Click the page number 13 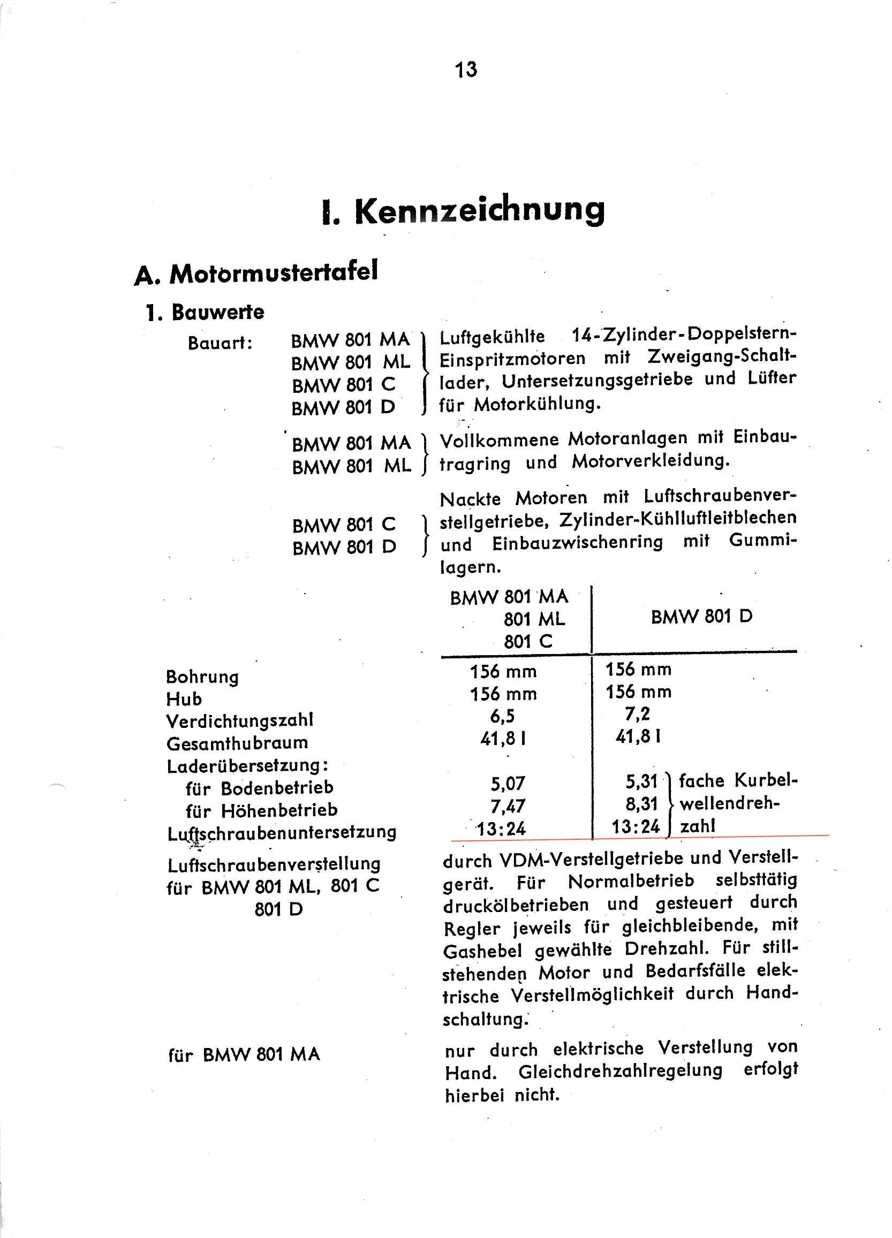click(466, 70)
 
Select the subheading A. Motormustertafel click(255, 273)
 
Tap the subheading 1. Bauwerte click(205, 312)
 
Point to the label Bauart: click(220, 343)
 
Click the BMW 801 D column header click(701, 617)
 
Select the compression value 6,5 click(502, 716)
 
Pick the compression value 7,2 click(638, 713)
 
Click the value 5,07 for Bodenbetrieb click(508, 784)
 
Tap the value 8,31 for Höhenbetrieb click(642, 804)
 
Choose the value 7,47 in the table click(508, 806)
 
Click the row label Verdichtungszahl click(240, 721)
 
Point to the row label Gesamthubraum click(237, 743)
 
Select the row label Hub click(184, 699)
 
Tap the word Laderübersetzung click(247, 766)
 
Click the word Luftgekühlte click(492, 337)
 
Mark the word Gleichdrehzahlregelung click(620, 1071)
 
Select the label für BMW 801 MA click(244, 1054)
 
